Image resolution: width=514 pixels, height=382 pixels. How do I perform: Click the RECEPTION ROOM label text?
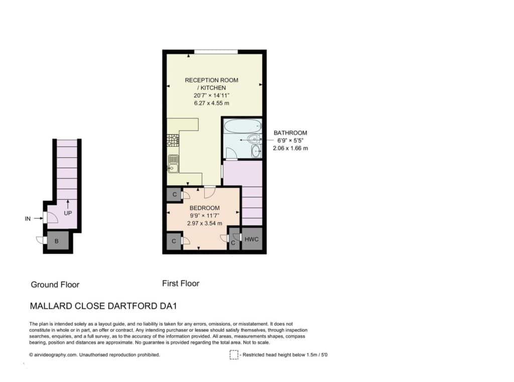(211, 80)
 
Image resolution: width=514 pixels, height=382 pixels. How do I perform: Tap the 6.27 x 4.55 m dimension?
(211, 103)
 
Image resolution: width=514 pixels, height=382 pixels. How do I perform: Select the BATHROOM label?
(290, 133)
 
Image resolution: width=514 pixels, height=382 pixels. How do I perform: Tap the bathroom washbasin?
(256, 151)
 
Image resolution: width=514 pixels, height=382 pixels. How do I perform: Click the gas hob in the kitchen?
(173, 140)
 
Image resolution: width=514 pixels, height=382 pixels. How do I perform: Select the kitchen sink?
(173, 163)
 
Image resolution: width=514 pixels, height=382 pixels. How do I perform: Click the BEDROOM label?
(205, 208)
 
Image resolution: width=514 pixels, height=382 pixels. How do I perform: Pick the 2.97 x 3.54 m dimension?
(205, 223)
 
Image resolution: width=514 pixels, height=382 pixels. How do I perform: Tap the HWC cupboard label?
(251, 239)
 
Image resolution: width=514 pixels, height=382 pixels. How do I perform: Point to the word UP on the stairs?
(68, 213)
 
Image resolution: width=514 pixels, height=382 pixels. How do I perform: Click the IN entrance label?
(28, 219)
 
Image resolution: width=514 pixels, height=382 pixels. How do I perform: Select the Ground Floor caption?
(55, 285)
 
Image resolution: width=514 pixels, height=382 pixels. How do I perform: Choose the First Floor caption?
(181, 283)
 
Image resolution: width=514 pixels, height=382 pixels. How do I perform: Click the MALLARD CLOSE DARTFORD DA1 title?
(103, 306)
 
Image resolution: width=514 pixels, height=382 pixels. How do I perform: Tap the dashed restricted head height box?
(234, 355)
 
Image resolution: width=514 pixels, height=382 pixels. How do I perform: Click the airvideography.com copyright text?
(95, 354)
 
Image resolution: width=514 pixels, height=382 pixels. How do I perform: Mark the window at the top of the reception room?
(216, 52)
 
